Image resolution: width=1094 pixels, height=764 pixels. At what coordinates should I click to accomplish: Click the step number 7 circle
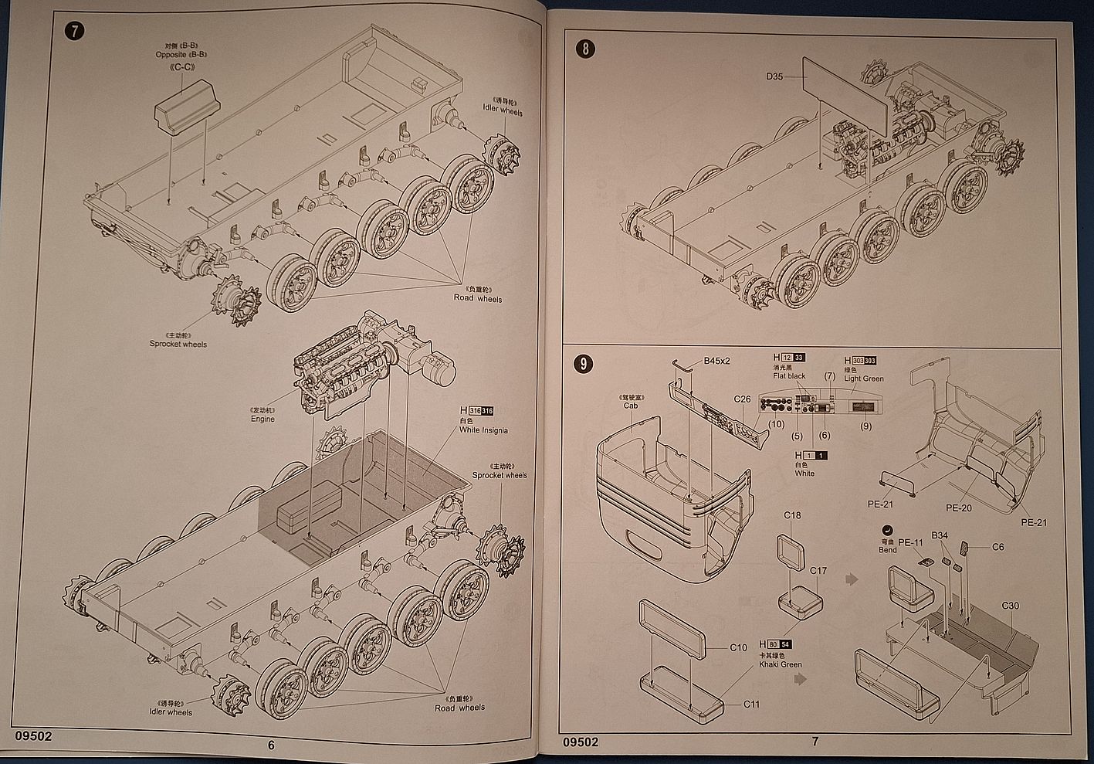click(x=74, y=32)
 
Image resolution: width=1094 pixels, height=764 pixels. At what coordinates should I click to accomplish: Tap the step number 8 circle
click(x=586, y=49)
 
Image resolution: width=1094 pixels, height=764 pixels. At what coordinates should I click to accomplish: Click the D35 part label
click(x=774, y=76)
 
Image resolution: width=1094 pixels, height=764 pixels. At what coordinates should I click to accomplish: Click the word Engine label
click(x=262, y=419)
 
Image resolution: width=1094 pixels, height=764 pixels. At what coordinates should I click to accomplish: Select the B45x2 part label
click(x=716, y=361)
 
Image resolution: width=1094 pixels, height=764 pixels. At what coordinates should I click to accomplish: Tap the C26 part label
click(x=742, y=399)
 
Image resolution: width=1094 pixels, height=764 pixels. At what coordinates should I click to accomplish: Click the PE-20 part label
click(x=958, y=508)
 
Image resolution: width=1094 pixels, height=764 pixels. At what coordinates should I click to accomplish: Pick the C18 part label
click(x=792, y=515)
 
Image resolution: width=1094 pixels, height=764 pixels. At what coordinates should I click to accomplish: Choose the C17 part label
click(x=818, y=571)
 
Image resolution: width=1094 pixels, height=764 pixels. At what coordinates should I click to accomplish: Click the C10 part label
click(x=738, y=647)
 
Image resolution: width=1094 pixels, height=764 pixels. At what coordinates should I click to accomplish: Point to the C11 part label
click(x=752, y=704)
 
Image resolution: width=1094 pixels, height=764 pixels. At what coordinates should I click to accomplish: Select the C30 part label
click(x=1010, y=606)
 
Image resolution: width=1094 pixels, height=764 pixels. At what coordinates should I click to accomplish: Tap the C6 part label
click(x=997, y=547)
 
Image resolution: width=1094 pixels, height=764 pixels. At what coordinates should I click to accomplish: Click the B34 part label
click(x=940, y=535)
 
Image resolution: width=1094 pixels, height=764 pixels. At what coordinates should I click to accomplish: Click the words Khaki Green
click(x=780, y=664)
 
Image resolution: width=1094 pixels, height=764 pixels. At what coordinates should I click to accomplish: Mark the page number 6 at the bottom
click(x=271, y=745)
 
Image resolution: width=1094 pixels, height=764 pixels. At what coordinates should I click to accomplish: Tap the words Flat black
click(x=789, y=376)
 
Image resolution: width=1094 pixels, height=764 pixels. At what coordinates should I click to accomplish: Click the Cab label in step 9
click(x=630, y=406)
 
